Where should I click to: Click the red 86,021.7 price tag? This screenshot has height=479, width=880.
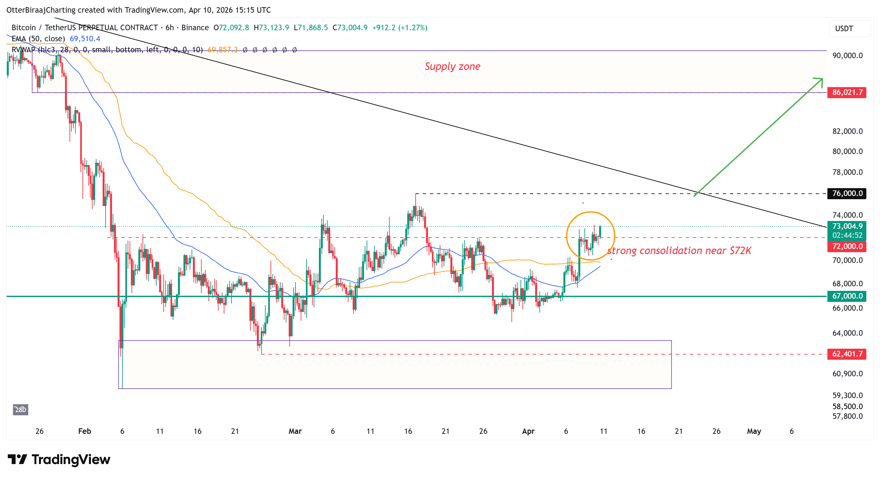tap(847, 92)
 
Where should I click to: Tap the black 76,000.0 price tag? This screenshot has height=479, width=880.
tap(847, 193)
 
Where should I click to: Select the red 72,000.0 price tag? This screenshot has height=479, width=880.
tap(847, 246)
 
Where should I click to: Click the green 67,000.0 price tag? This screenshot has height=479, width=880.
tap(847, 296)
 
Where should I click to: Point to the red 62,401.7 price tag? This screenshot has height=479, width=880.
tap(847, 354)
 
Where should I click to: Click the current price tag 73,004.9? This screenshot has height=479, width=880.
tap(847, 226)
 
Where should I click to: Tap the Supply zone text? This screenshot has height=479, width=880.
tap(452, 66)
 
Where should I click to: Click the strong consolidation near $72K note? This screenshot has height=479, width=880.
tap(679, 251)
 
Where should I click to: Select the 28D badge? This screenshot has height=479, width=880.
tap(20, 409)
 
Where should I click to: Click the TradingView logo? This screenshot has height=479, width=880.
tap(59, 460)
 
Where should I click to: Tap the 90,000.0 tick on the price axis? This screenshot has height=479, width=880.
tap(848, 55)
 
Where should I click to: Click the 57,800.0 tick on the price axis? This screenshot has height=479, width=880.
tap(848, 416)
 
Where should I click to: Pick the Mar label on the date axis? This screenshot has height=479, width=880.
tap(295, 431)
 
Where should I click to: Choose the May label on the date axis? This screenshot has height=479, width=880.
tap(754, 431)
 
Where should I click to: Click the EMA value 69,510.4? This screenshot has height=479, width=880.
tap(85, 39)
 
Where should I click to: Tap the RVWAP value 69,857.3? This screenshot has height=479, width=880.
tap(222, 50)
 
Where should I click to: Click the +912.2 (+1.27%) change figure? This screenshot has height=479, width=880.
tap(400, 28)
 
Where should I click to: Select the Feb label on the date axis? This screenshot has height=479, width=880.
tap(84, 431)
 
